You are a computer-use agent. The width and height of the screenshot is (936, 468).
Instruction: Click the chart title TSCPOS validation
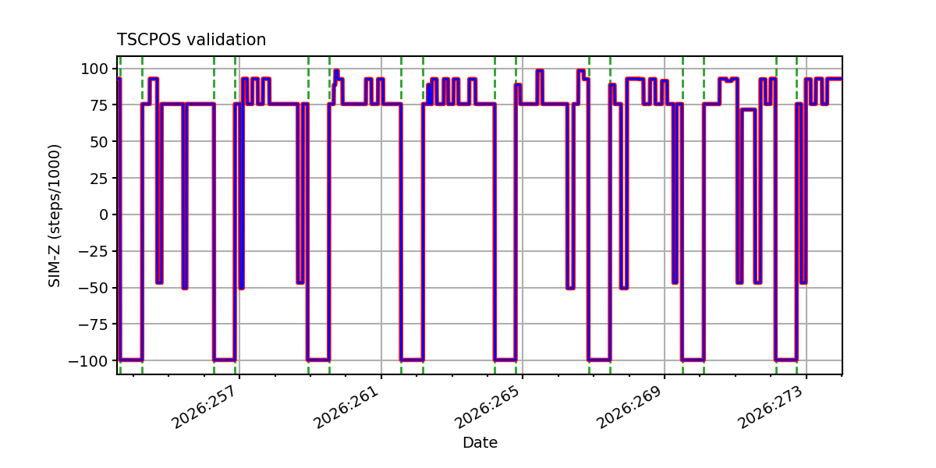tap(191, 40)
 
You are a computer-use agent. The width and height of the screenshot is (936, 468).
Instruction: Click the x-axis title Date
tap(480, 442)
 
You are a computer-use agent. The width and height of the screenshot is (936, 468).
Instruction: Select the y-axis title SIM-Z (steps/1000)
tap(55, 215)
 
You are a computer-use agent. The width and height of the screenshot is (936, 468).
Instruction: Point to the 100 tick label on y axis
tap(94, 69)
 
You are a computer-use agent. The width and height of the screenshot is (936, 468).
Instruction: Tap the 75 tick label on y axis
tap(99, 105)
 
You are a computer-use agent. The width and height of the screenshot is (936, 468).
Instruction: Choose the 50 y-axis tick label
tap(99, 142)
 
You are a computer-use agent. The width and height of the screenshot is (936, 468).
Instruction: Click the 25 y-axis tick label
tap(99, 179)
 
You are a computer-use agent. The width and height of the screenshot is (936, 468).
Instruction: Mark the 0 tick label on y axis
tap(104, 214)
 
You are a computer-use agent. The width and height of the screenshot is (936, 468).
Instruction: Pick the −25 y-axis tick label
tap(94, 251)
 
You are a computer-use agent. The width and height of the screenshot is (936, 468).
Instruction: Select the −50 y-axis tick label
tap(94, 288)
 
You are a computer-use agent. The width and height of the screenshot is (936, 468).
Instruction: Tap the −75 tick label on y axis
tap(94, 324)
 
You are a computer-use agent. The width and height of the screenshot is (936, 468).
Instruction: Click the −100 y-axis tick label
tap(89, 361)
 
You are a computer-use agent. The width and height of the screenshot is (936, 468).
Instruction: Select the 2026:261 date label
tap(347, 407)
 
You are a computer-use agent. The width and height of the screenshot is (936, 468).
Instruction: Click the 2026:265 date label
tap(488, 407)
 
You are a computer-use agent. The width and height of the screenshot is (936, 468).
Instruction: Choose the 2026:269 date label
tap(629, 407)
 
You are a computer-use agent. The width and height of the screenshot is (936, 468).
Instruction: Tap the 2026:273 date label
tap(771, 407)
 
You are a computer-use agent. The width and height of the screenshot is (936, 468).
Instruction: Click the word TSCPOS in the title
tap(149, 40)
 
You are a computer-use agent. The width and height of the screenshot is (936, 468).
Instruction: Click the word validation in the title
tap(226, 40)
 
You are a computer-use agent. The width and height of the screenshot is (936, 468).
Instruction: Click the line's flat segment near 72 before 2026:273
tap(748, 110)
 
